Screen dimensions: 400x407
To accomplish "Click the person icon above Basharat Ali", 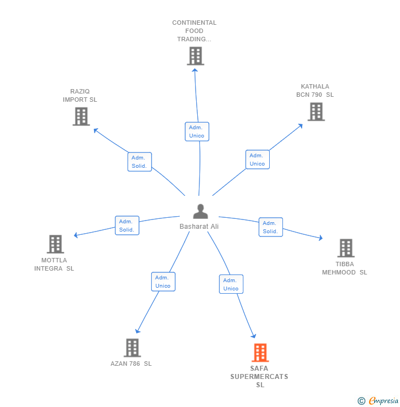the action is point(201,212).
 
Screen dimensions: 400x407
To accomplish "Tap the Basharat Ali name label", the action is point(199,226).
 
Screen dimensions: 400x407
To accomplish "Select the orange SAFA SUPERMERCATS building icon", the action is point(260,353).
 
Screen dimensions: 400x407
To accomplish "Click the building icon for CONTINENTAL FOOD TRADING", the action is point(195,56).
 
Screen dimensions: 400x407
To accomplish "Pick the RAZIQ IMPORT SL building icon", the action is point(81,116).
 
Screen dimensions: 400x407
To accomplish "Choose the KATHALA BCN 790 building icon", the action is point(315,112).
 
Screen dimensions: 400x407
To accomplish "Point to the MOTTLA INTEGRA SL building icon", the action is point(55,244).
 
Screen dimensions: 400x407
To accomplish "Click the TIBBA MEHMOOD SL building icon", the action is point(346,248).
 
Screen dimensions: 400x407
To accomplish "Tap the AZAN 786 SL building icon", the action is point(132,348).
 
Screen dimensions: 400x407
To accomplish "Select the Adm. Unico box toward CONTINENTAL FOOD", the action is point(197,131).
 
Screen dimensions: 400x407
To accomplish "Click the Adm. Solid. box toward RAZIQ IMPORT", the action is point(140,162).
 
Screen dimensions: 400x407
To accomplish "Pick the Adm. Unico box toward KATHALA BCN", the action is point(257,159).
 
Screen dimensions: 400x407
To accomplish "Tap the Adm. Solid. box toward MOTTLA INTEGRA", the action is point(127,226).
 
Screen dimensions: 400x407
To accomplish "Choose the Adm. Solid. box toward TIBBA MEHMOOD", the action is point(270,227).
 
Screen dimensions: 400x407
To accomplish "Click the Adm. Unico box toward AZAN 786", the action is point(163,282).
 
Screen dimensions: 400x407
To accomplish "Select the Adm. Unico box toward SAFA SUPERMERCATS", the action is point(231,284).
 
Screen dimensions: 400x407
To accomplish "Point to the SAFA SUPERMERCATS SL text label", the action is point(260,377).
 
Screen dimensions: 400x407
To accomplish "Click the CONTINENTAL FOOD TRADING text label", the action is point(195,31).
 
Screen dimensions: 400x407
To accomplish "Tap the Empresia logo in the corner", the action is point(379,401).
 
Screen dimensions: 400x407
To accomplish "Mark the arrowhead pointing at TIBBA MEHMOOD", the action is point(320,238).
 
